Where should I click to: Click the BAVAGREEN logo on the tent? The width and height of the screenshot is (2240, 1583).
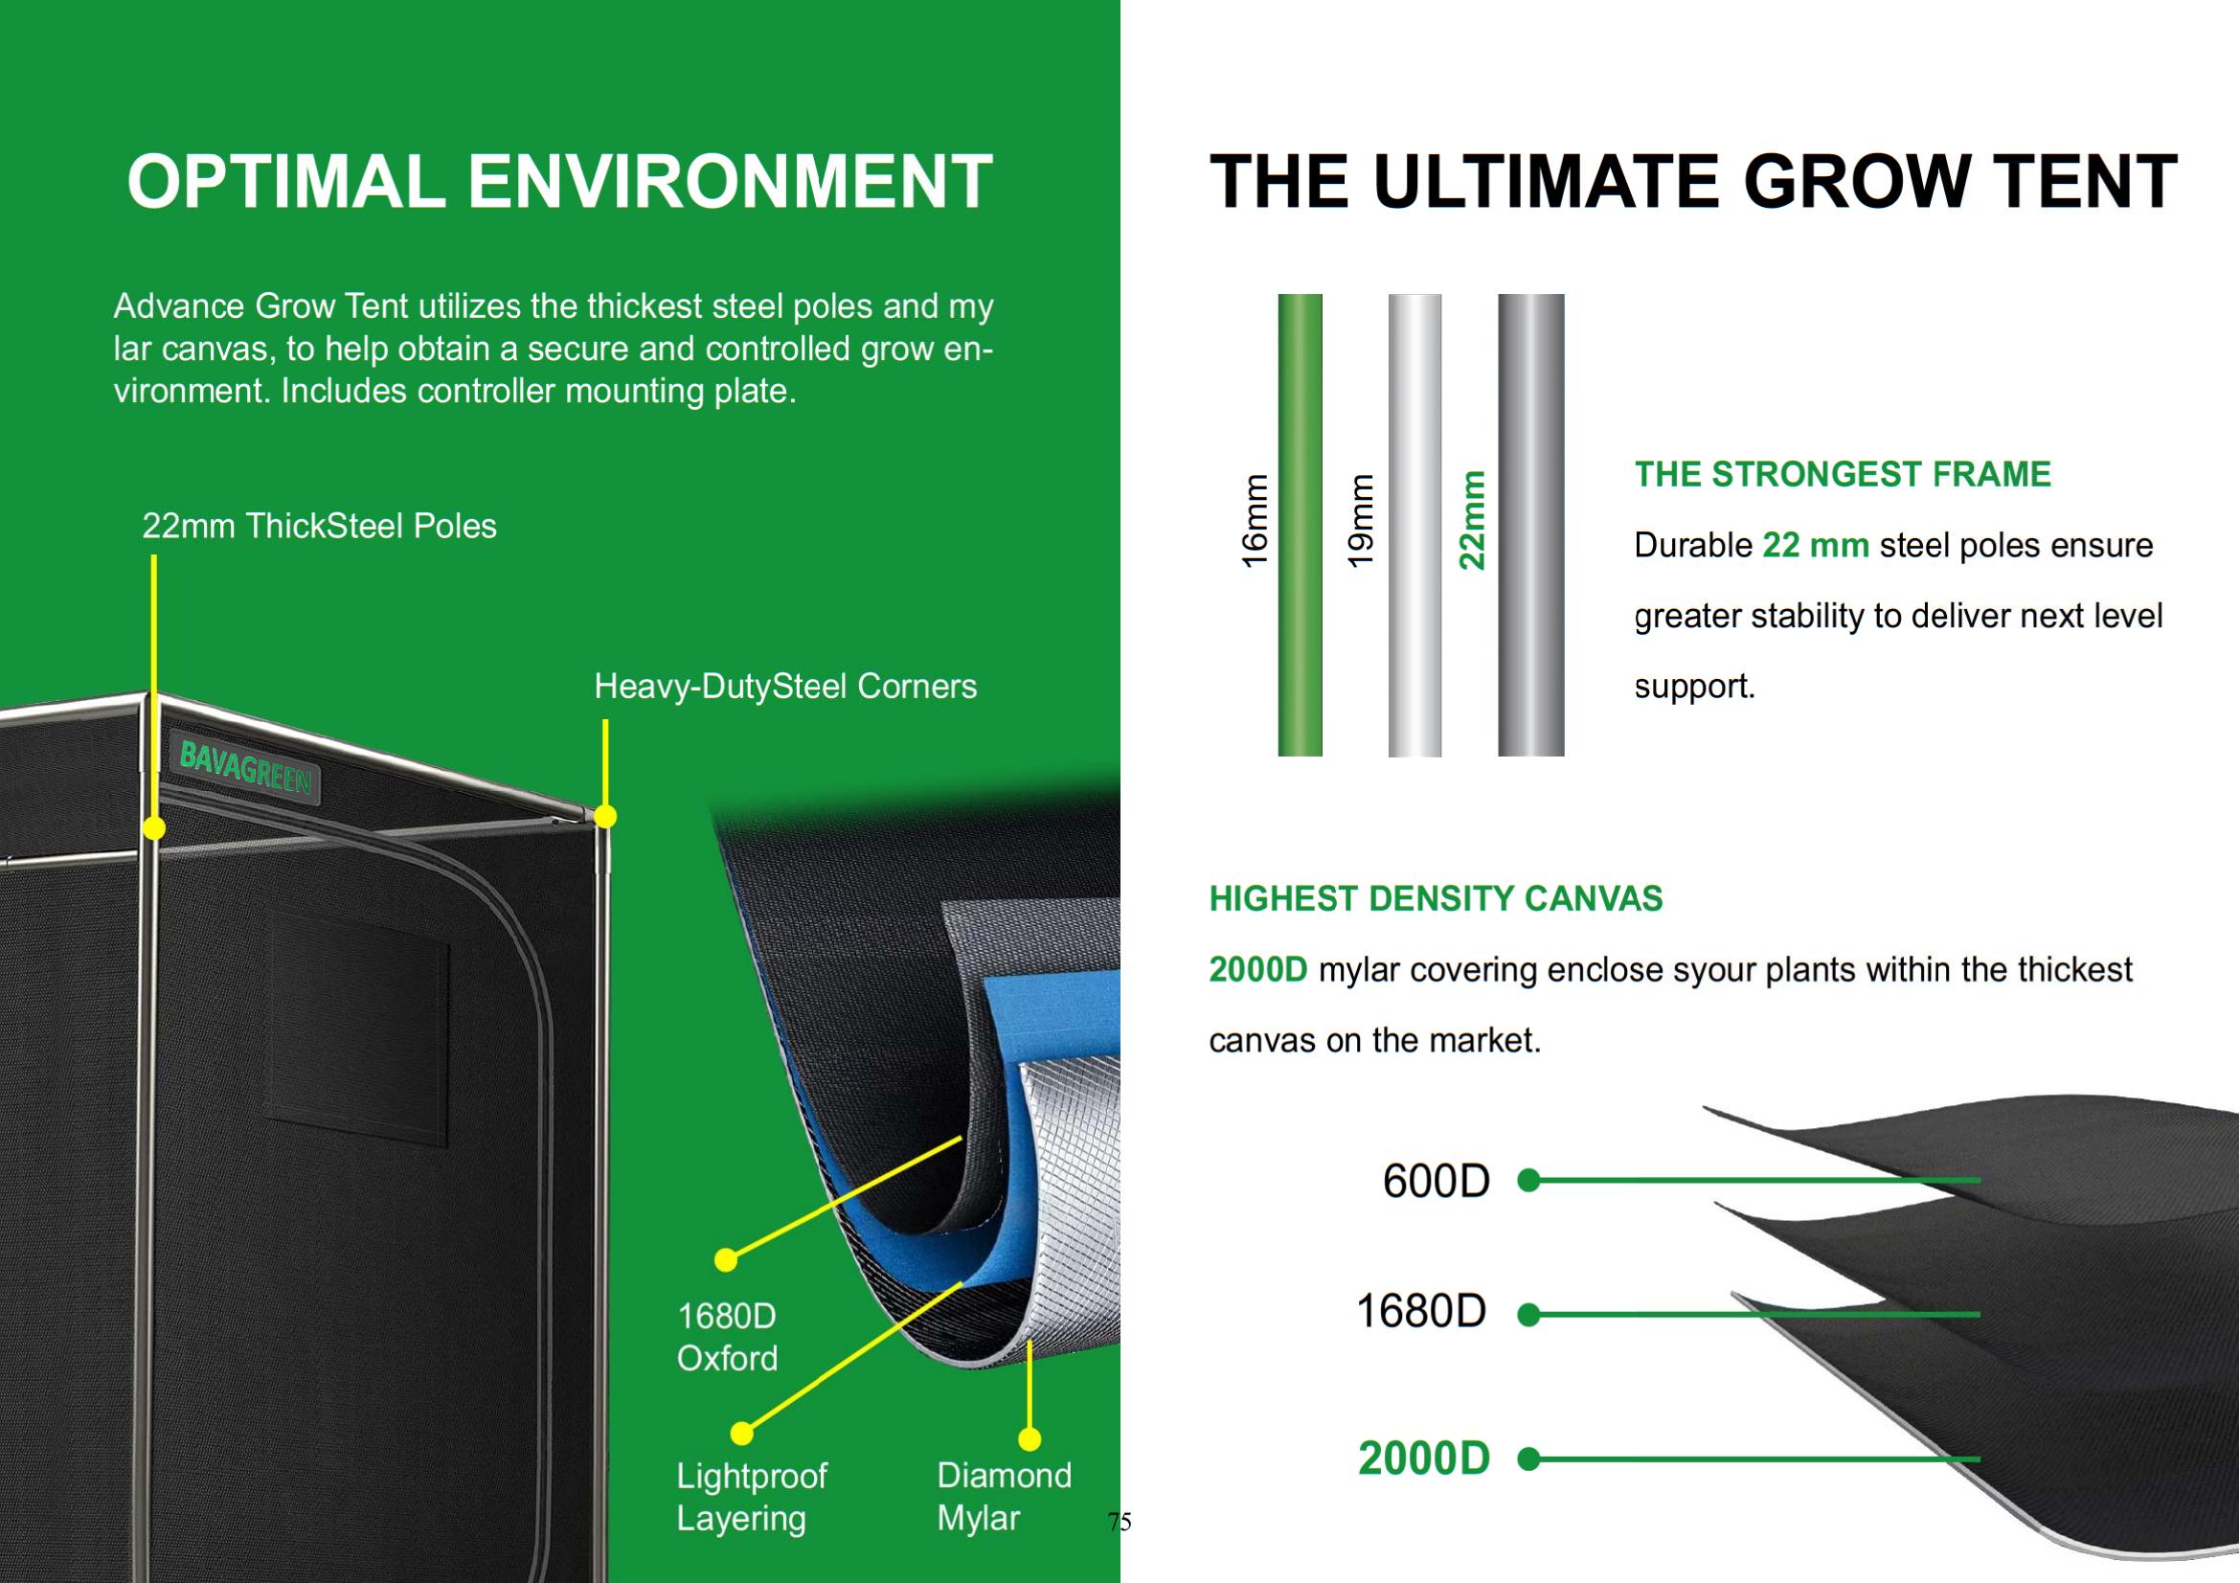246,767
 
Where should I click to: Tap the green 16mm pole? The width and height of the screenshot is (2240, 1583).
1300,525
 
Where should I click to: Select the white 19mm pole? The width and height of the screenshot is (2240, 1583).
1414,525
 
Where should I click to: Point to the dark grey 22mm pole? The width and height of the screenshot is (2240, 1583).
1530,525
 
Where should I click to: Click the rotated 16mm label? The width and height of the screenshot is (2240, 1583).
1255,521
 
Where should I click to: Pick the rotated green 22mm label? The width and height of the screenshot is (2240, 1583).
1471,520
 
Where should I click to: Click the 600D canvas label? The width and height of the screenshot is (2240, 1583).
1437,1180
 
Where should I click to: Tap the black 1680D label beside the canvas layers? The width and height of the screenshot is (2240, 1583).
1421,1311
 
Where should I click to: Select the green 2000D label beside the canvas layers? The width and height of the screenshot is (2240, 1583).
1424,1459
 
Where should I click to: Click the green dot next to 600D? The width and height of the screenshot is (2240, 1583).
1528,1180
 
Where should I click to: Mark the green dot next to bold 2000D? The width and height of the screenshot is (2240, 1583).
1528,1459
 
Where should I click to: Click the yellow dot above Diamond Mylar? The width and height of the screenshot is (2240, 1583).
1029,1438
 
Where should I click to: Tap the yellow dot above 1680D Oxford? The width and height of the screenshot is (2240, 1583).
726,1260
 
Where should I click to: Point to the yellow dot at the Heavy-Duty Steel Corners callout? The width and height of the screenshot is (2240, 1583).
605,816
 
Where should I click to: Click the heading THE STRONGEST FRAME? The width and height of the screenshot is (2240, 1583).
1843,475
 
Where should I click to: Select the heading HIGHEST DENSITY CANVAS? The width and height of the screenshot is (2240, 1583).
1437,898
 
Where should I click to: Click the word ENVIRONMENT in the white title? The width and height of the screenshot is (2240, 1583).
730,181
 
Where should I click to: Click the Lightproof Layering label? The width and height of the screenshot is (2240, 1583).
751,1497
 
